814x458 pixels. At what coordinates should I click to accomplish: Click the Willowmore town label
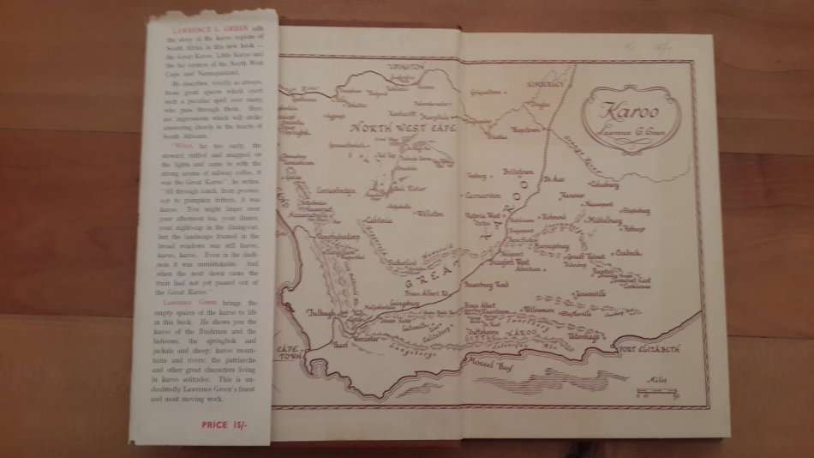point(538,308)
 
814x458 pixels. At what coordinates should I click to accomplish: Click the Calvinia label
point(377,220)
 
